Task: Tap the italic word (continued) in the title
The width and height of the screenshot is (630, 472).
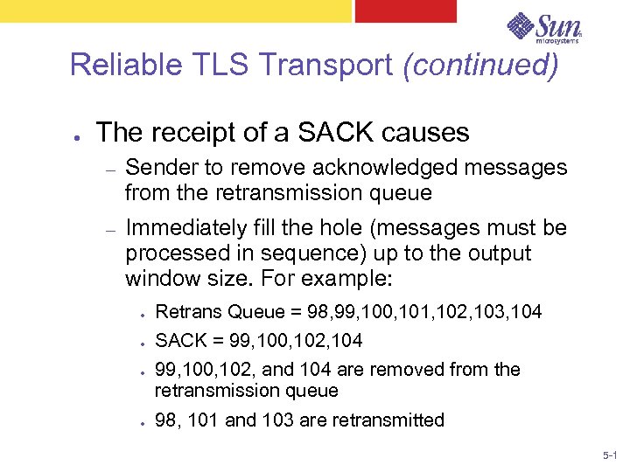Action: (x=479, y=65)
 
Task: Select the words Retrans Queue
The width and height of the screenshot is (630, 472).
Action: (x=220, y=312)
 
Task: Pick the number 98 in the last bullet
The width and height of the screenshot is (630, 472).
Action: (x=165, y=420)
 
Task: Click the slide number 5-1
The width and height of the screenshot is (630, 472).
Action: (x=610, y=457)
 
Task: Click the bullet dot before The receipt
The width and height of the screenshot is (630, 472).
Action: (x=79, y=135)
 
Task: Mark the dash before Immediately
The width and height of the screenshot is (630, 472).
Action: (x=110, y=230)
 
